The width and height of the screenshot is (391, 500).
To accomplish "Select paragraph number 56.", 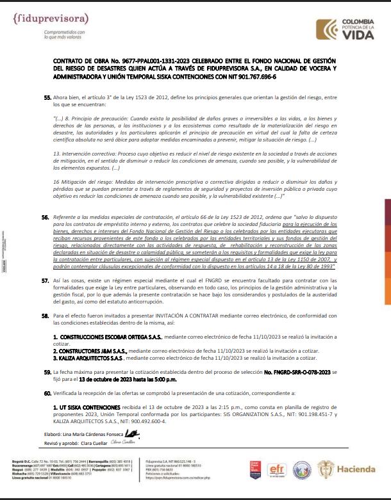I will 46,218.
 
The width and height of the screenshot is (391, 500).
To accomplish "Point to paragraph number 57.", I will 46,280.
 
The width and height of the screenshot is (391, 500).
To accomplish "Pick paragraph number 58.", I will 46,316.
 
